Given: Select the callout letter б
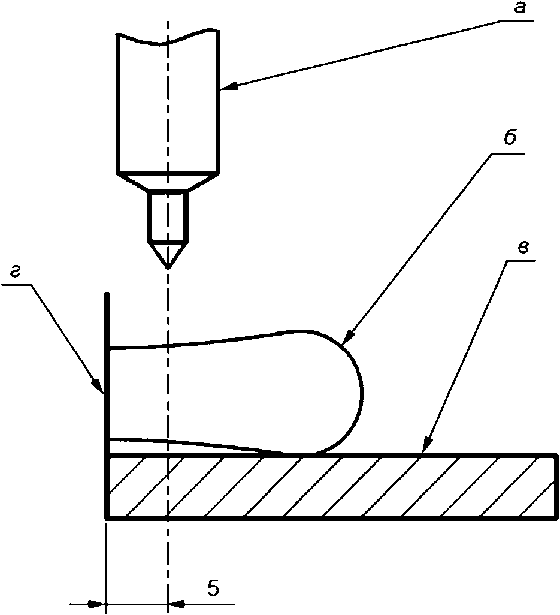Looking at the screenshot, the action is [510, 137].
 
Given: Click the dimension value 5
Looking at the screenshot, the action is [213, 588].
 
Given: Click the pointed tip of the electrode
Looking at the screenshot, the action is [168, 269].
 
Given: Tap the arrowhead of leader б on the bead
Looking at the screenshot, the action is [347, 338].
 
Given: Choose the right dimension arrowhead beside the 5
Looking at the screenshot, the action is [176, 604].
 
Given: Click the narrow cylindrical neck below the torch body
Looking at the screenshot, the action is [168, 216].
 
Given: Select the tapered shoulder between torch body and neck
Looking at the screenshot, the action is [168, 181].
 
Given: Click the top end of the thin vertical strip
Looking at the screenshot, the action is [107, 293].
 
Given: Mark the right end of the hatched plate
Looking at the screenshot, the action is [556, 487].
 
